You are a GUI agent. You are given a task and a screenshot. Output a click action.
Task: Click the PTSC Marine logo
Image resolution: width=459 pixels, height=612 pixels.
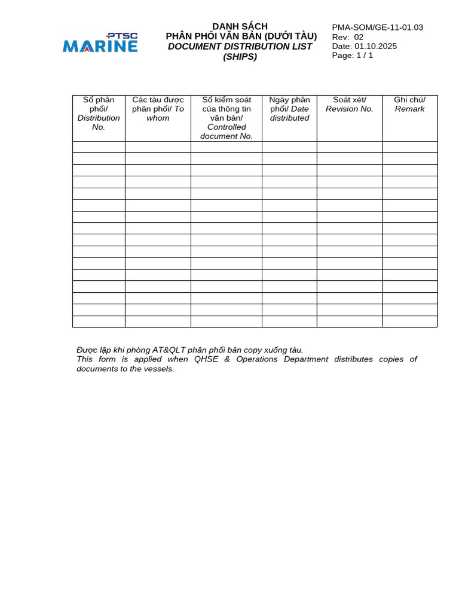(100, 43)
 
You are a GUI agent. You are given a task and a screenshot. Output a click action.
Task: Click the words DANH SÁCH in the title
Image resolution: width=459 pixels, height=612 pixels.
(240, 26)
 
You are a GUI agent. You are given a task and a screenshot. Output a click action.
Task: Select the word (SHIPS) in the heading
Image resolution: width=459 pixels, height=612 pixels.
(240, 57)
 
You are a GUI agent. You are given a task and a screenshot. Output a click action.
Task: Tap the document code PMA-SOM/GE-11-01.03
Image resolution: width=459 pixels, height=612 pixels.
(377, 27)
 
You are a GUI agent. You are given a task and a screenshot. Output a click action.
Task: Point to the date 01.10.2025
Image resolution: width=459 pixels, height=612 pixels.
(375, 47)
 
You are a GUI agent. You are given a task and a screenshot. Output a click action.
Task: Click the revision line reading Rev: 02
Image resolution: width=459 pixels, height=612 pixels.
(348, 37)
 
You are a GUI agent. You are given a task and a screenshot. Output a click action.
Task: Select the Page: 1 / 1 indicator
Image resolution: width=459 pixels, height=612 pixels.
(353, 56)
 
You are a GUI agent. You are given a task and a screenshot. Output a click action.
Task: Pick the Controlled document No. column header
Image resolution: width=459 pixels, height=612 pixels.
(227, 118)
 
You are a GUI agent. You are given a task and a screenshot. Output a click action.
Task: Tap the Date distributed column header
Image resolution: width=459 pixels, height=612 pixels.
(289, 109)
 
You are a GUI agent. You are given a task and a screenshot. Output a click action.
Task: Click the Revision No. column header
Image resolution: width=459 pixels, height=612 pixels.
(350, 105)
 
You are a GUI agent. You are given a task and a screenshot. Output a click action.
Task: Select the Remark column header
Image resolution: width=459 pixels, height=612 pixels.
(409, 105)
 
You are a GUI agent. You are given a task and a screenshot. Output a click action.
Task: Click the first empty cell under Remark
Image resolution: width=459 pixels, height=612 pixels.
(409, 147)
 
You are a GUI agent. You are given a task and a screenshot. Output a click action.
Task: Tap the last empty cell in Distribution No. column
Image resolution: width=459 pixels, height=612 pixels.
(99, 322)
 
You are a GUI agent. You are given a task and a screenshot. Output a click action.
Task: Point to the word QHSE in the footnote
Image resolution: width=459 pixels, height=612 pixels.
(206, 359)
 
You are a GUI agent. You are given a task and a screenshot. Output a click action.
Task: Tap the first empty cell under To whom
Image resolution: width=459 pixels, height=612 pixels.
(158, 147)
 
